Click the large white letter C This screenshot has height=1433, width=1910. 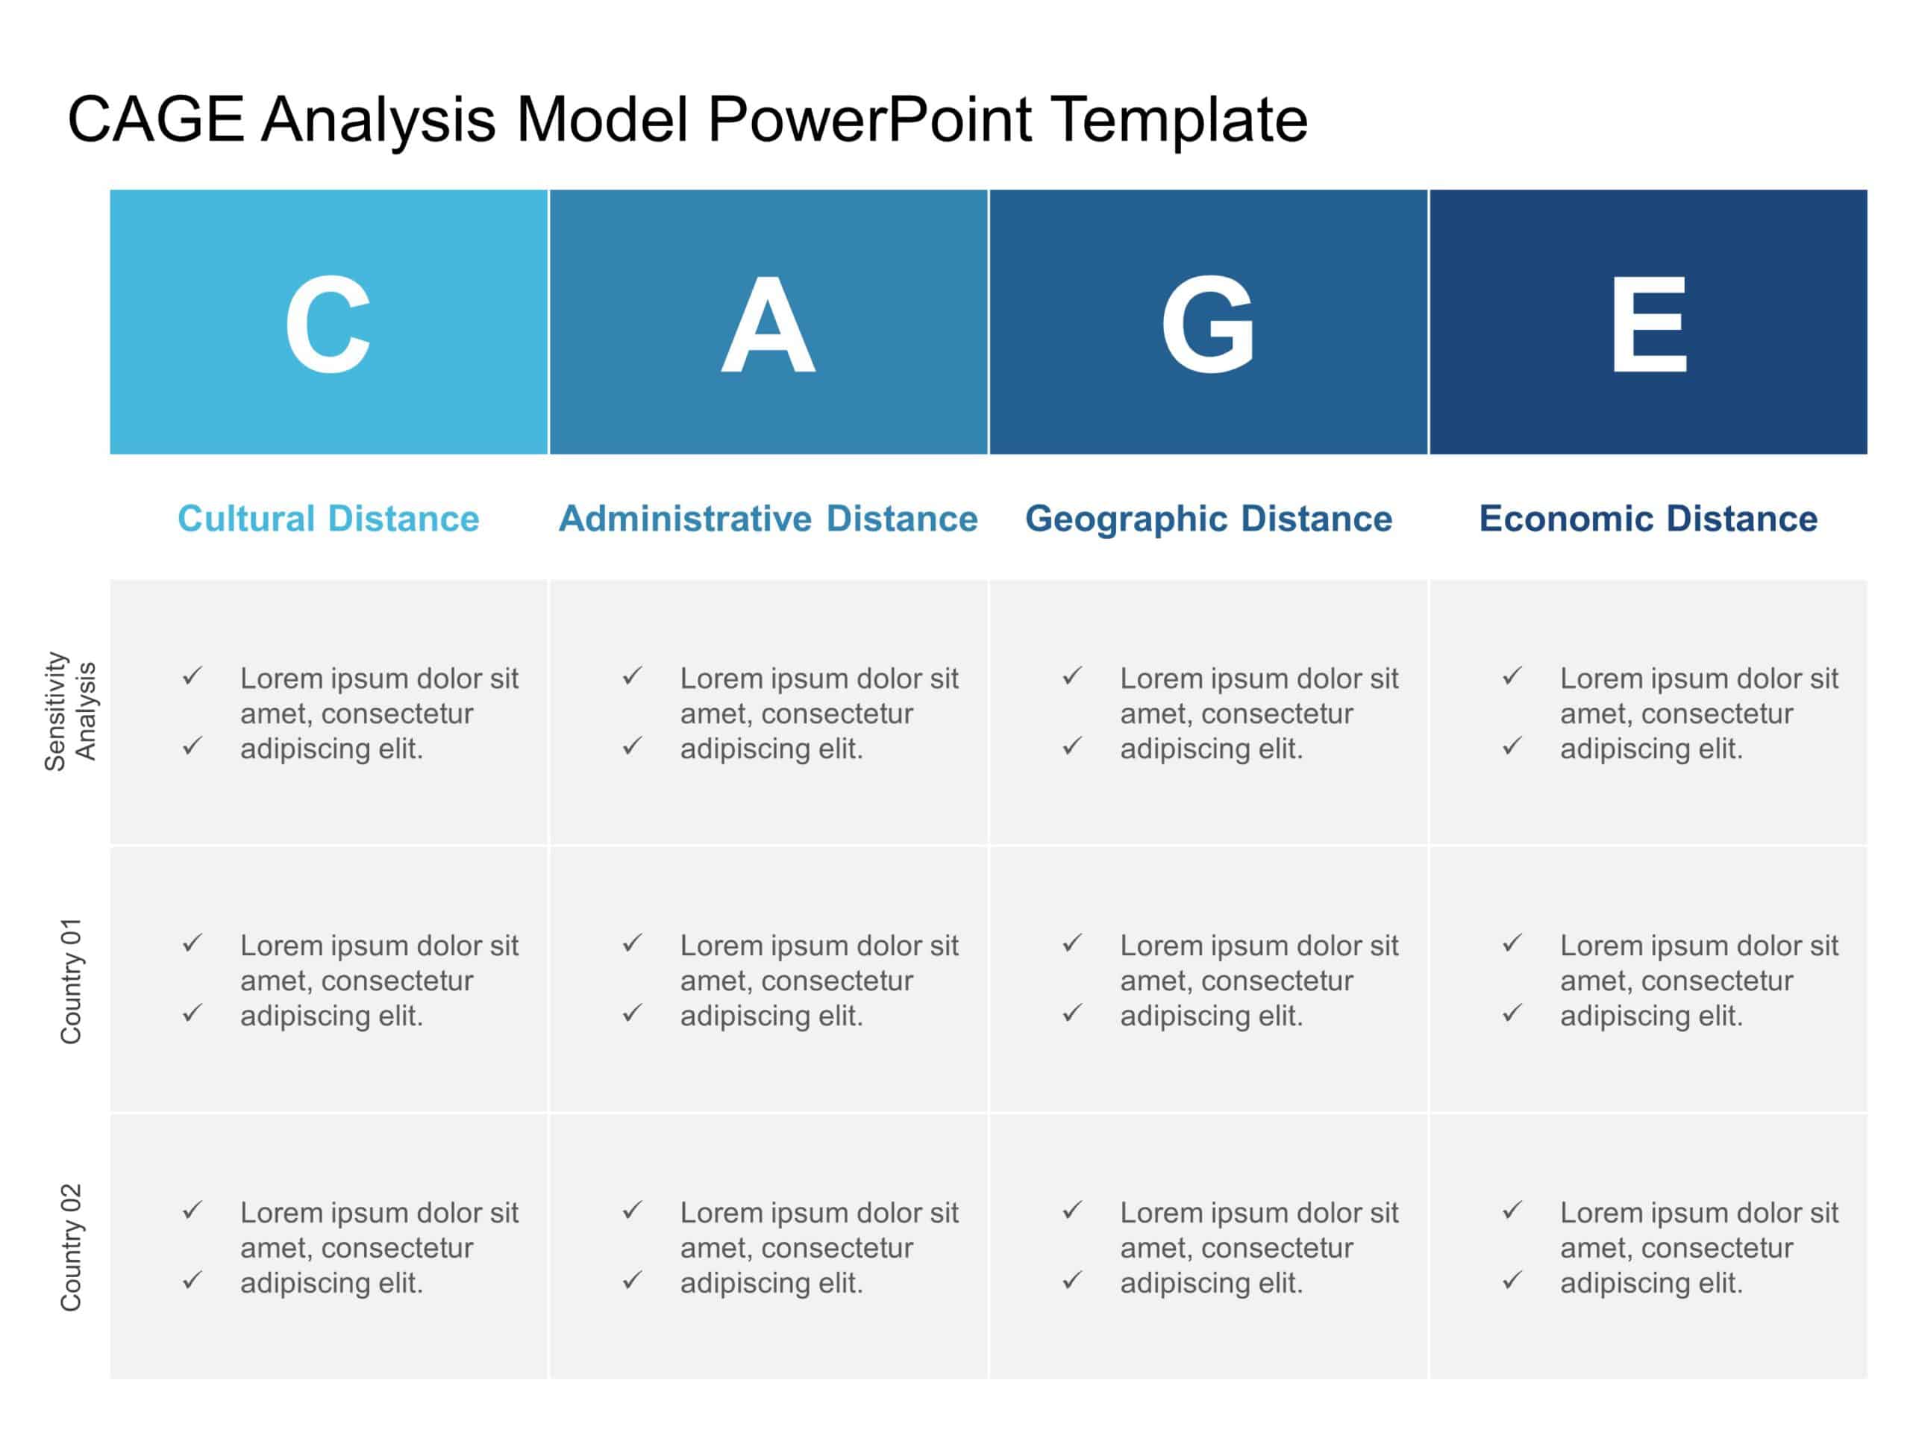tap(328, 323)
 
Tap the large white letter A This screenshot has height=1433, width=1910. tap(768, 325)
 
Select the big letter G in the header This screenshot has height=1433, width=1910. tap(1207, 324)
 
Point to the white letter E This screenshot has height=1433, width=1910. tap(1647, 325)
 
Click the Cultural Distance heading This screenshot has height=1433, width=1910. tap(328, 518)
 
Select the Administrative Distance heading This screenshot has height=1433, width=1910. tap(768, 518)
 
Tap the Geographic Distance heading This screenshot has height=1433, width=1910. tap(1208, 518)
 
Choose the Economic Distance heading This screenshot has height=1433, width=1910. tap(1647, 518)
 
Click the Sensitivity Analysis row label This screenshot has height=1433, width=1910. tap(70, 711)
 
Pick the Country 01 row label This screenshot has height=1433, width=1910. tap(70, 981)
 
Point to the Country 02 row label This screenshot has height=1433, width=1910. tap(70, 1247)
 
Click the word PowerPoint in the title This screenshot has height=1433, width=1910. tap(868, 119)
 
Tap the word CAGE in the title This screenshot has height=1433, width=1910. tap(155, 119)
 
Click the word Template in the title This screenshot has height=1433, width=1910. tap(1179, 119)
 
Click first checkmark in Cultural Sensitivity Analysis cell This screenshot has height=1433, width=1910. tap(192, 675)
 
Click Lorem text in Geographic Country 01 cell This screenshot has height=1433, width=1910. tap(1258, 981)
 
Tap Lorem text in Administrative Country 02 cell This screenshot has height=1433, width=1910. tap(818, 1247)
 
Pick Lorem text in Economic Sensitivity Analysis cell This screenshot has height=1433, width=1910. tap(1698, 713)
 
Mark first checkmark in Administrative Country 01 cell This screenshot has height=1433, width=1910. tap(632, 943)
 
